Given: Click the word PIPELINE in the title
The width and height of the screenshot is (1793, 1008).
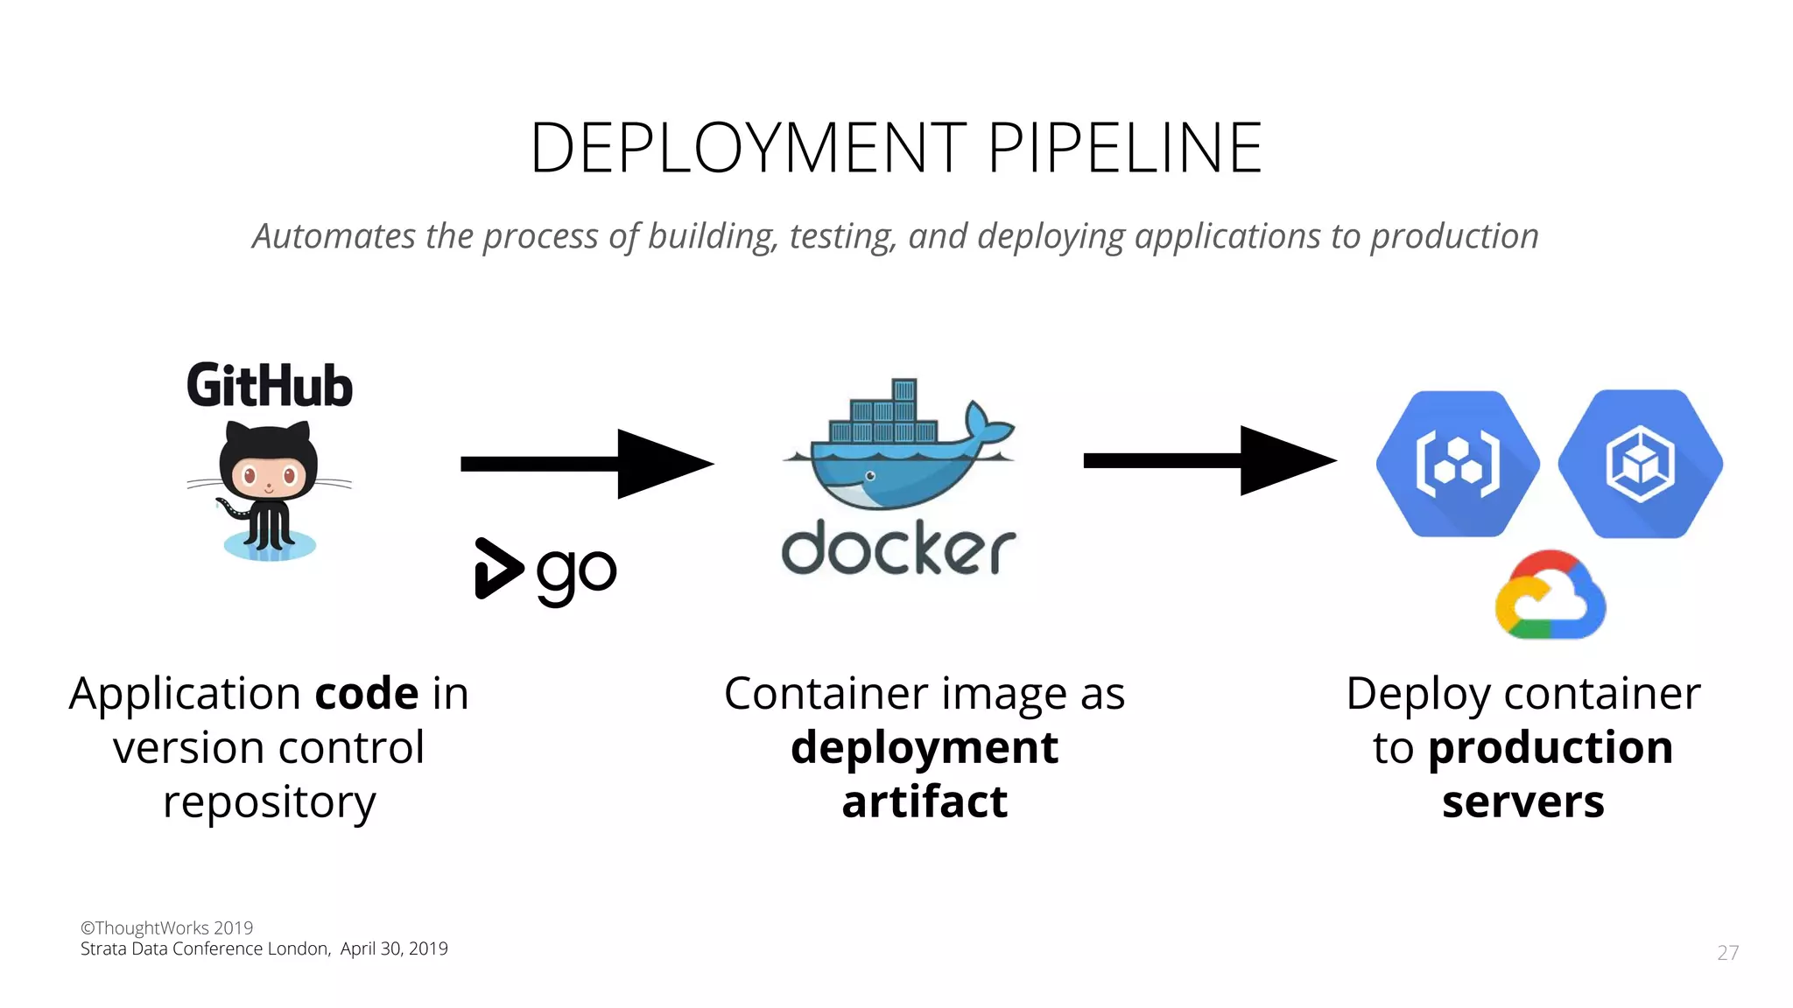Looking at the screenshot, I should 1125,148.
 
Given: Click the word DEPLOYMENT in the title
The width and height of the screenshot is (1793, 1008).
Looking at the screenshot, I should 749,148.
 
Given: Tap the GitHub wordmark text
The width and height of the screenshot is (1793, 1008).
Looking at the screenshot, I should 270,386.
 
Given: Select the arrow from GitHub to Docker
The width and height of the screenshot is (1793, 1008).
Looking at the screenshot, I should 587,463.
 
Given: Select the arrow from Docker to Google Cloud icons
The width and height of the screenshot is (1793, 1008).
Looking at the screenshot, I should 1209,460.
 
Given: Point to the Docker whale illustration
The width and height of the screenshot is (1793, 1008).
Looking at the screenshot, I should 897,446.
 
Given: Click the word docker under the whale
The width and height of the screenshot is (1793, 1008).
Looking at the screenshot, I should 898,549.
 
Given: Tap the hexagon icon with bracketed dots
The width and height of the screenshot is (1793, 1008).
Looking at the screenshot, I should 1458,463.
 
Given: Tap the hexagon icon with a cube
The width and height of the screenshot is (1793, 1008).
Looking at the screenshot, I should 1640,463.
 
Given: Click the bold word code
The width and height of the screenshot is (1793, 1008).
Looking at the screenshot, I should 367,694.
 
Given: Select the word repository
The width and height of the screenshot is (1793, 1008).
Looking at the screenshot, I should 270,802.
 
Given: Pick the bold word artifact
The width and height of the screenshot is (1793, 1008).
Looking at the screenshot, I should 925,801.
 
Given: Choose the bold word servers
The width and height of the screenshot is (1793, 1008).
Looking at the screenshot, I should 1523,801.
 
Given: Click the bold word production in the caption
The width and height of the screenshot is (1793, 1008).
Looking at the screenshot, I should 1550,748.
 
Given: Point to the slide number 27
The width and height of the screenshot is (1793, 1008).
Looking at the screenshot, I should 1727,953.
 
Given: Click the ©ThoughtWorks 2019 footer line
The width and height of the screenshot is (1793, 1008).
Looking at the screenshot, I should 167,927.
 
